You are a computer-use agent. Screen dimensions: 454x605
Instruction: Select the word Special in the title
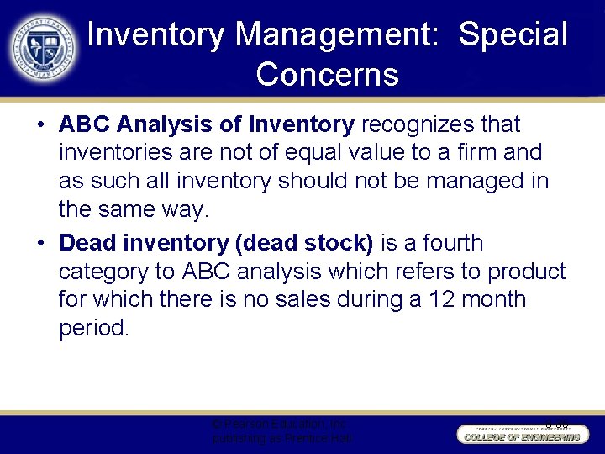click(513, 34)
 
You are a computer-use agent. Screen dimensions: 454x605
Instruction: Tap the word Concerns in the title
click(327, 75)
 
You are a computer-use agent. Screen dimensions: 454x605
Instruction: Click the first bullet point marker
click(40, 125)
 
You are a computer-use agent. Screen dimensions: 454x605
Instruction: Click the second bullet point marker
click(40, 244)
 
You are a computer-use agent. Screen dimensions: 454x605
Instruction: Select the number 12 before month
click(440, 300)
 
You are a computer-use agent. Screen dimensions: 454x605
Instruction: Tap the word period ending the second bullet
click(94, 328)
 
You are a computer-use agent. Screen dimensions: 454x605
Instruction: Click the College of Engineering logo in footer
click(519, 432)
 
